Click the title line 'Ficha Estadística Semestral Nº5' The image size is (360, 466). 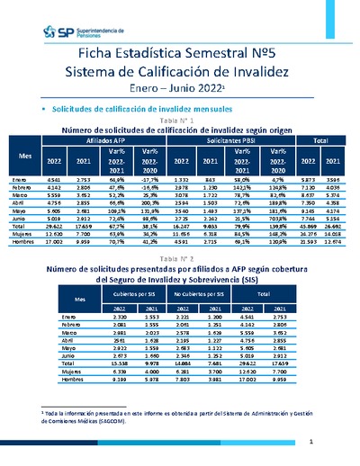(x=180, y=52)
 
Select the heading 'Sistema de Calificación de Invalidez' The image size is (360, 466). (x=180, y=72)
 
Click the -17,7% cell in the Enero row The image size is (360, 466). (x=175, y=180)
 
